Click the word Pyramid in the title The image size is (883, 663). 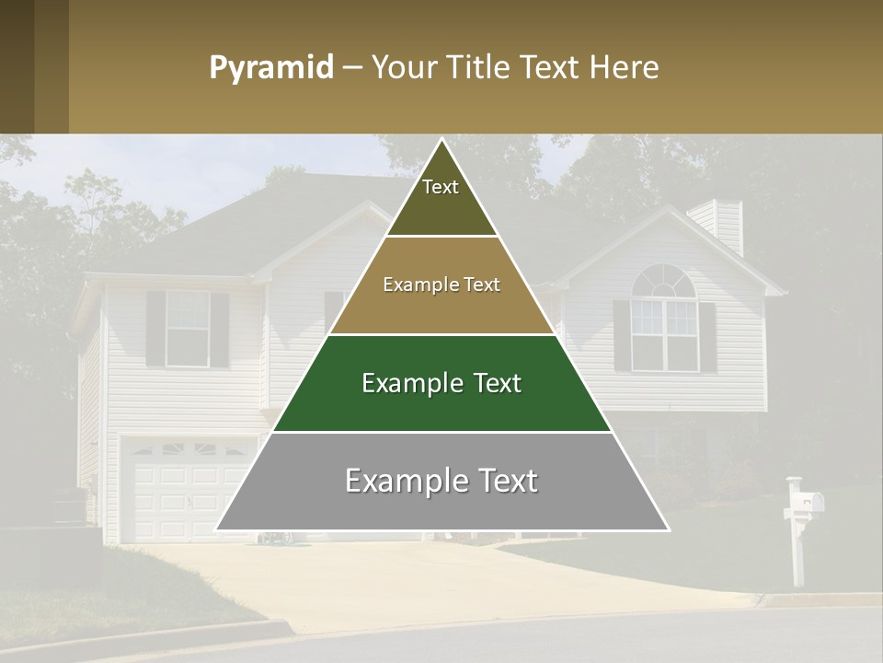pos(271,68)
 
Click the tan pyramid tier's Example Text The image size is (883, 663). pos(441,285)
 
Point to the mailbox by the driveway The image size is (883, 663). pos(806,501)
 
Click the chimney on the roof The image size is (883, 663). pos(727,227)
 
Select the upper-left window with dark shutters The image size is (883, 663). pos(187,328)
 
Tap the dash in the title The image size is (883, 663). pos(352,68)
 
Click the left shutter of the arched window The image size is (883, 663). pos(622,335)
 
